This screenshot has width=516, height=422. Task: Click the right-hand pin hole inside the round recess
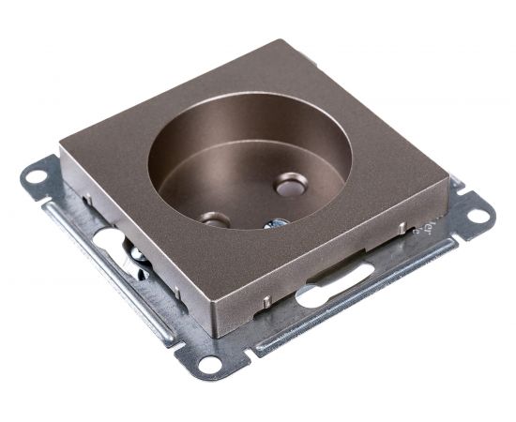(x=290, y=187)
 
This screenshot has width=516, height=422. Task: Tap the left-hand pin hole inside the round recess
(x=215, y=220)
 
